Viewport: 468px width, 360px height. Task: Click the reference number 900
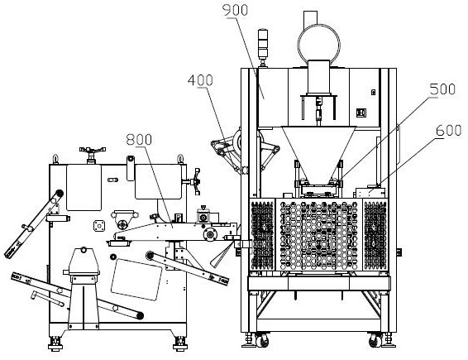[x=235, y=10]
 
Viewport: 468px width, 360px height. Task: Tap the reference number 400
[x=200, y=80]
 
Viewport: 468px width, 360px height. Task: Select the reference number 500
[x=442, y=89]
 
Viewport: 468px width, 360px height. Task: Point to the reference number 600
[x=449, y=130]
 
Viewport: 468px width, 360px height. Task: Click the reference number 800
[x=139, y=140]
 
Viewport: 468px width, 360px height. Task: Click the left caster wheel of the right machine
[x=262, y=340]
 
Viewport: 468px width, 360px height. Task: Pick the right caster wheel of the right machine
[x=375, y=340]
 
